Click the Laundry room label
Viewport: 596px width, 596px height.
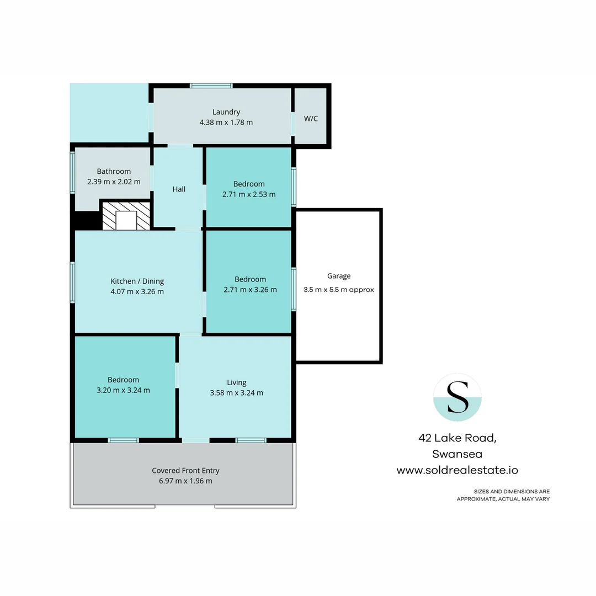(226, 112)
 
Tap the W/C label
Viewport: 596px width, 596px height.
(311, 119)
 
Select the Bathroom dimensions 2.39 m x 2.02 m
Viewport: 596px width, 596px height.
(114, 182)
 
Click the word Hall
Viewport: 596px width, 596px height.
(179, 189)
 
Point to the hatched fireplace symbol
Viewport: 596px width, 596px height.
(126, 216)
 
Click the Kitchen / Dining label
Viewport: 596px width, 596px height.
(137, 281)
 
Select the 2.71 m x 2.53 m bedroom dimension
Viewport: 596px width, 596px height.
(249, 194)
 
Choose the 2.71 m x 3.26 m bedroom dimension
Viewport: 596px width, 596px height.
(249, 289)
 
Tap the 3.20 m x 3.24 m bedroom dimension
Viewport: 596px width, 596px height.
(123, 390)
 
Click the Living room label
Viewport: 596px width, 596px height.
(236, 382)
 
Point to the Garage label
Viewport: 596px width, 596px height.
(338, 276)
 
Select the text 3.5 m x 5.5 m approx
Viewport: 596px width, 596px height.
(338, 289)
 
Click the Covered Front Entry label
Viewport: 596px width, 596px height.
(185, 471)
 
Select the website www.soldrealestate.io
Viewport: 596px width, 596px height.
(457, 471)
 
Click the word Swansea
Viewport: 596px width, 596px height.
(457, 454)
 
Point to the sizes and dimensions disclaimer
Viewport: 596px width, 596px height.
(503, 495)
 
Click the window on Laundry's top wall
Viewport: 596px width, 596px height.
(211, 86)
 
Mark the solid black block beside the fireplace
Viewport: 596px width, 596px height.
(87, 221)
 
